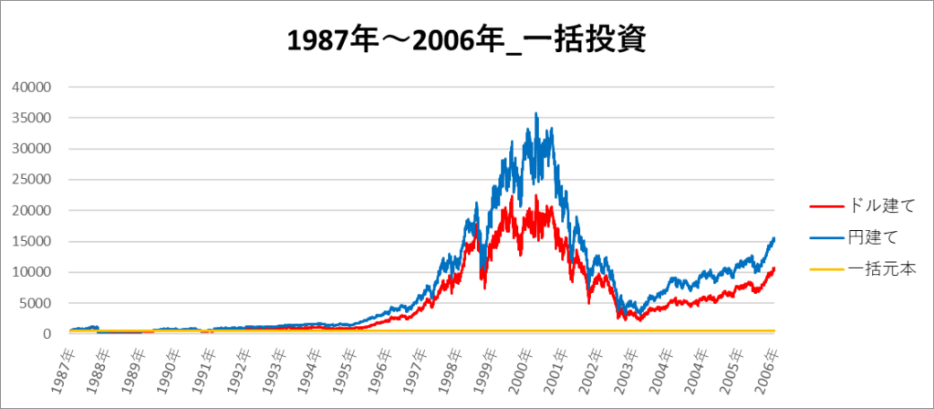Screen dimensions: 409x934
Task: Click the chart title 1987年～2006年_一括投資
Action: pyautogui.click(x=466, y=39)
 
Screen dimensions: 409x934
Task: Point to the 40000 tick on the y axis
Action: pyautogui.click(x=33, y=87)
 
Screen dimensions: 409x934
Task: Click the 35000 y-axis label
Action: pyautogui.click(x=33, y=118)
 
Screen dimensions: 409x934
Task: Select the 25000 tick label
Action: pyautogui.click(x=33, y=180)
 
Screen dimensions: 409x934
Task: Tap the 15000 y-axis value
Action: pyautogui.click(x=33, y=242)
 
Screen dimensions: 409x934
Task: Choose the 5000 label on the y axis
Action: pyautogui.click(x=36, y=303)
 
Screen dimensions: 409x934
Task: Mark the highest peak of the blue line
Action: pyautogui.click(x=535, y=113)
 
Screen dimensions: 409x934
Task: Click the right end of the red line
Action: pyautogui.click(x=774, y=268)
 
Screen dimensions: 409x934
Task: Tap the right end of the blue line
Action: pyautogui.click(x=774, y=238)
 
